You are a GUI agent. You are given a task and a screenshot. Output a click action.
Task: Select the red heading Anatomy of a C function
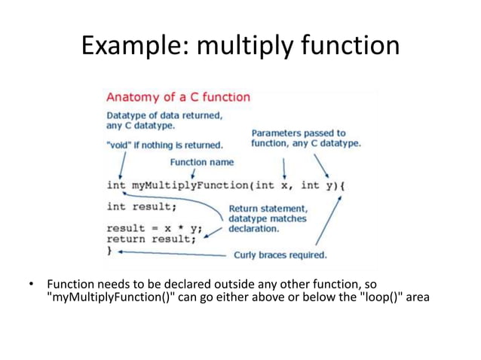[178, 97]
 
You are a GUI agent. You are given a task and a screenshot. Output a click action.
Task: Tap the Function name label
[201, 162]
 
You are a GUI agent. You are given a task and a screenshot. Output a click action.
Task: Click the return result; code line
[151, 239]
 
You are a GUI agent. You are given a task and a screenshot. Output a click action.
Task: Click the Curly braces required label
[280, 255]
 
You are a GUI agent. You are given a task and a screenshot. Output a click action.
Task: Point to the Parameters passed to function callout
[305, 138]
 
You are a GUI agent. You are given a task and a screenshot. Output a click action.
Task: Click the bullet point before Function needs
[31, 285]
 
